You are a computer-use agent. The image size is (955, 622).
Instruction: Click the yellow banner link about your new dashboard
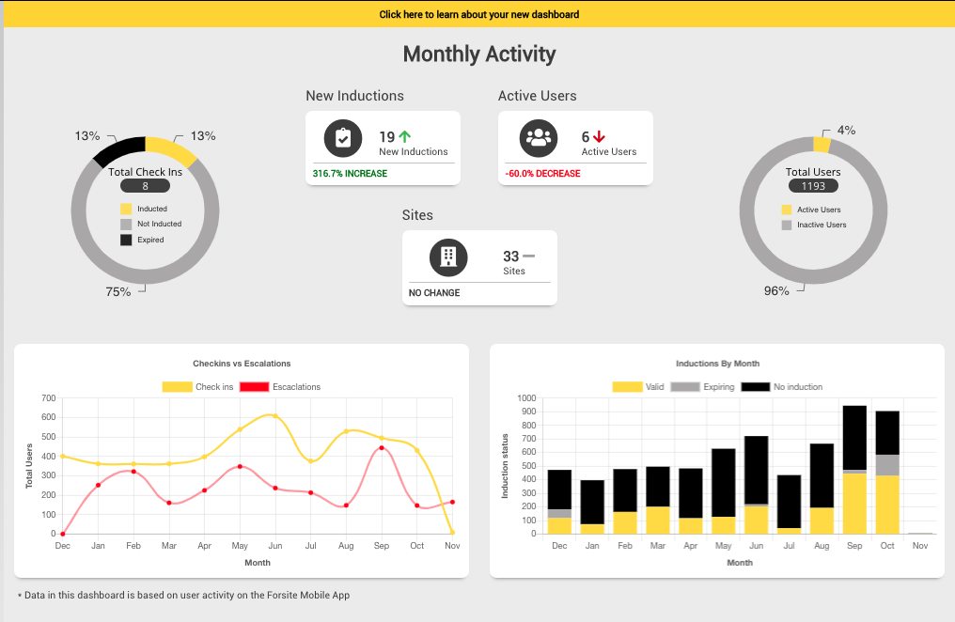pos(478,14)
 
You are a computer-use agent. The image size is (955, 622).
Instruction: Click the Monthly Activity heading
pos(478,54)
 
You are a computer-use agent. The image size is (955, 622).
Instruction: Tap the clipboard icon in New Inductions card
pos(343,138)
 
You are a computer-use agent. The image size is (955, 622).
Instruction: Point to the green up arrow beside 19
pos(405,137)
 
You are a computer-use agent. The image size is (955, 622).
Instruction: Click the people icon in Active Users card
pos(539,138)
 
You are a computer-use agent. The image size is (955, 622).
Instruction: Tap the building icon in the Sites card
pos(448,257)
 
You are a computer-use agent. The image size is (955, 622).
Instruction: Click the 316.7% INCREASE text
pos(350,174)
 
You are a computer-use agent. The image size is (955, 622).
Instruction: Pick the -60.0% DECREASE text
pos(542,174)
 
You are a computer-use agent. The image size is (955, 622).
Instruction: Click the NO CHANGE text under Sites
pos(434,293)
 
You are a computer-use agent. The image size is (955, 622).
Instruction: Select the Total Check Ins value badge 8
pos(145,186)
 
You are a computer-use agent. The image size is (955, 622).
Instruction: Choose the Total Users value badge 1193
pos(813,186)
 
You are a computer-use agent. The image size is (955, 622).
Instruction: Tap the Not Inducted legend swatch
pos(126,225)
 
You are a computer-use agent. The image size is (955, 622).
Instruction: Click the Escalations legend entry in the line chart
pos(280,387)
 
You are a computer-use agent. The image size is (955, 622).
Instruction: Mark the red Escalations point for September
pos(381,448)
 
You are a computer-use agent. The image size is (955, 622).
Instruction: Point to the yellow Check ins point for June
pos(274,415)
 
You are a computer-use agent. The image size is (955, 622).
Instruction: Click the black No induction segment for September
pos(854,437)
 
